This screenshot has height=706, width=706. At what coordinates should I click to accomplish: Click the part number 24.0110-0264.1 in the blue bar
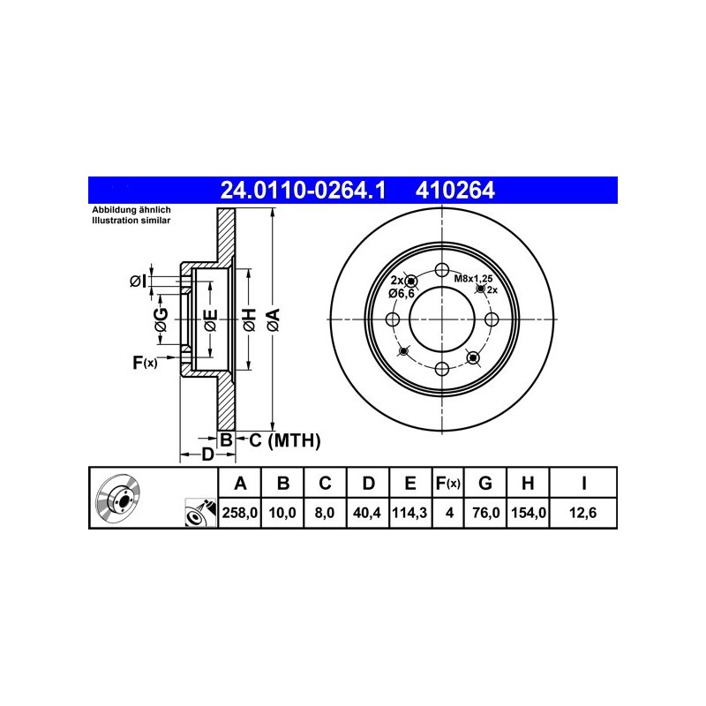[x=303, y=191]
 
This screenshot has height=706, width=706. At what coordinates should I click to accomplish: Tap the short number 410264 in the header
[x=454, y=191]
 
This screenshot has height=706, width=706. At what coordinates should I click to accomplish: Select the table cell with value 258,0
[x=239, y=513]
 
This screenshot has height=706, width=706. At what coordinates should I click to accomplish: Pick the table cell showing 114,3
[x=410, y=513]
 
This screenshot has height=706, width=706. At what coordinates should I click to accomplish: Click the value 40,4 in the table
[x=367, y=513]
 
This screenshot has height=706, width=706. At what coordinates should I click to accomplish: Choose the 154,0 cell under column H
[x=528, y=513]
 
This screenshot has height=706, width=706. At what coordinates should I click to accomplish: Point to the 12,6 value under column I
[x=582, y=513]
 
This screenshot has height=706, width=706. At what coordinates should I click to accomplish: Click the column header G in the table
[x=484, y=483]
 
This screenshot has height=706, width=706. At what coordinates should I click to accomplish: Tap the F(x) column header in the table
[x=448, y=483]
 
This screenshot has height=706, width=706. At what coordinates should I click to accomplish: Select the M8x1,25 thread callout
[x=473, y=278]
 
